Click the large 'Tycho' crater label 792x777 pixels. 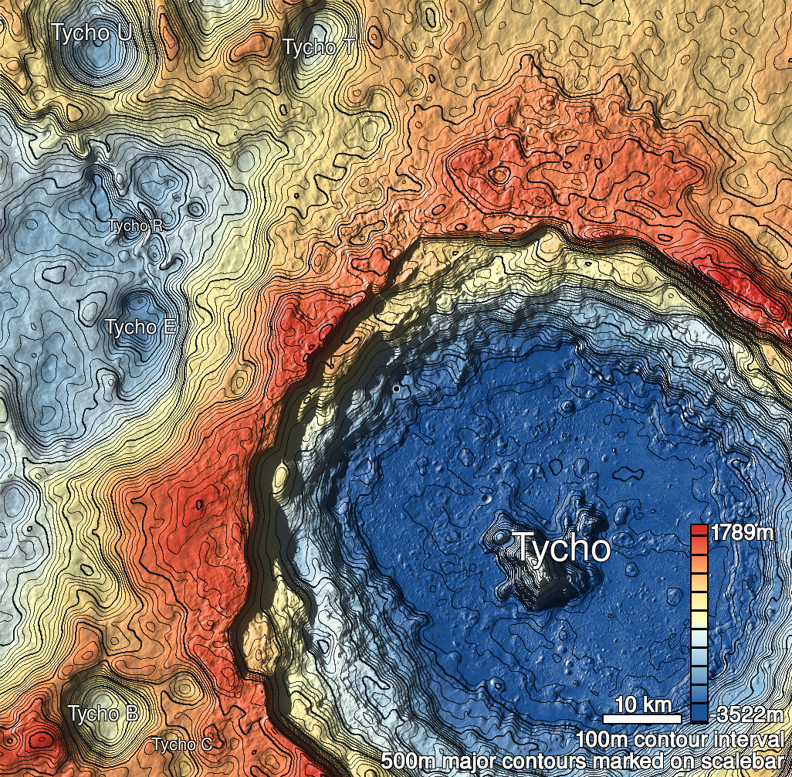coord(562,548)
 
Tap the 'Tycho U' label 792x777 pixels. coord(90,33)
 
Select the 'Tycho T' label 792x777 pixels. coord(319,47)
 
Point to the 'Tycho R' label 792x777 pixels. coord(135,226)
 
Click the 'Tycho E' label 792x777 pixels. coord(141,327)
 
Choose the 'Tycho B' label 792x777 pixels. coord(103,713)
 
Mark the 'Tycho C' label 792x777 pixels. coord(181,745)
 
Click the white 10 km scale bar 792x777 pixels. coord(641,719)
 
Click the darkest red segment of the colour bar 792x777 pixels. coord(699,531)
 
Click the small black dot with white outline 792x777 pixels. coord(396,388)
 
